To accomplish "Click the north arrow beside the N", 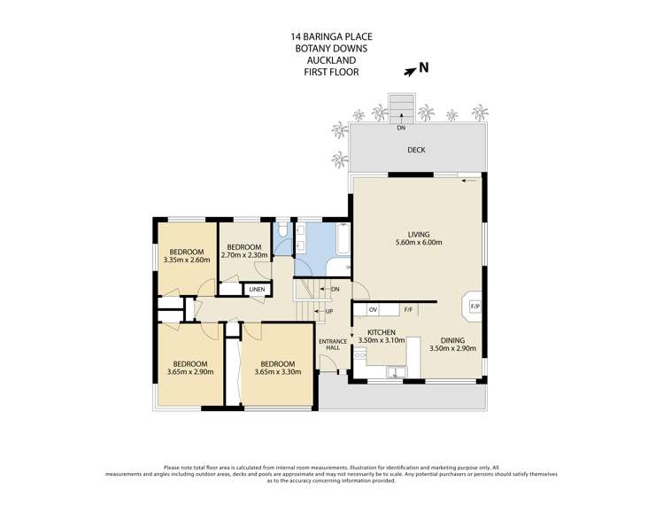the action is coord(409,72).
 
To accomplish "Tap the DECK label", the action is coord(416,150).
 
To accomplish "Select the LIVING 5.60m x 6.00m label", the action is coord(419,238).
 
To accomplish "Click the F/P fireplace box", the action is coord(474,306).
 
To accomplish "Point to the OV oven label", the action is coord(373,310).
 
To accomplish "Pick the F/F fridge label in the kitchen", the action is coord(408,310).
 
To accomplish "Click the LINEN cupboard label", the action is coord(257,290).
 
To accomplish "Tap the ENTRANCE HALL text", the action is coord(333,345).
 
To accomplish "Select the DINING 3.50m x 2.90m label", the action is coord(452,344).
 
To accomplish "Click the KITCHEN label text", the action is coord(382,332).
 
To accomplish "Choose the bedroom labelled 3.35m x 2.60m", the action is coord(187,256).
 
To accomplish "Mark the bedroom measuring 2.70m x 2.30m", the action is coord(244,251).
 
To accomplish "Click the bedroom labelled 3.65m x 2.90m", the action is coord(189,368).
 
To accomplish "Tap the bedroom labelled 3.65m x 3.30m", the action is coord(278,368).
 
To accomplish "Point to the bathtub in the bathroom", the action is coord(343,238).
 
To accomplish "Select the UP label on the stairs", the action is coord(329,312).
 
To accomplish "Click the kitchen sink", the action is coord(397,372).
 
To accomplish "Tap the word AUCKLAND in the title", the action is coord(331,60).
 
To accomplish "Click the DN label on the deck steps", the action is coord(401,128).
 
